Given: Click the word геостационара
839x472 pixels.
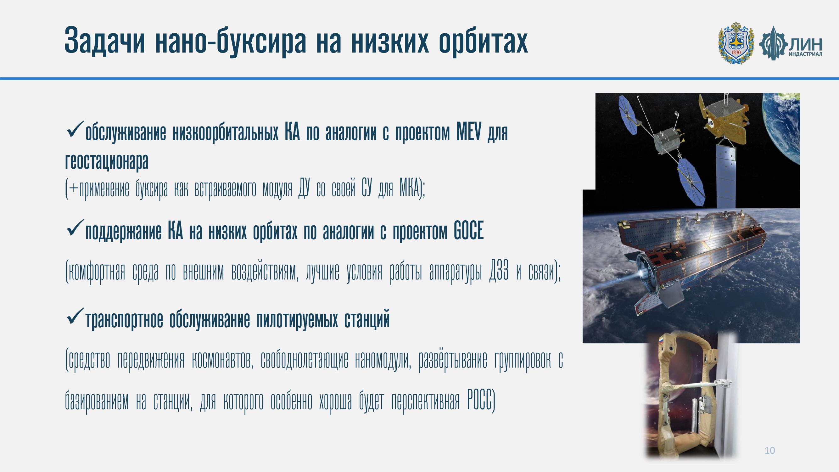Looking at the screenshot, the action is click(x=107, y=161).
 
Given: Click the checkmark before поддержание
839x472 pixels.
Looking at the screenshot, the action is click(x=75, y=228).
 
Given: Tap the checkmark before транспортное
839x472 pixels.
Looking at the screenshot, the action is click(x=75, y=316).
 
